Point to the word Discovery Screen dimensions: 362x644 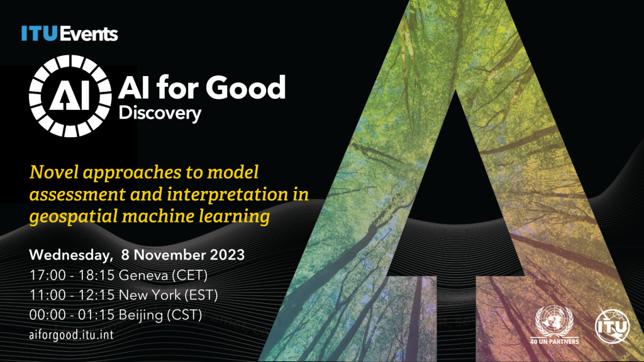[x=161, y=114]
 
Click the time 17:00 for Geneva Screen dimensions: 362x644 [x=46, y=275]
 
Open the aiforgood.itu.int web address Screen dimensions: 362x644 [x=72, y=333]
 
